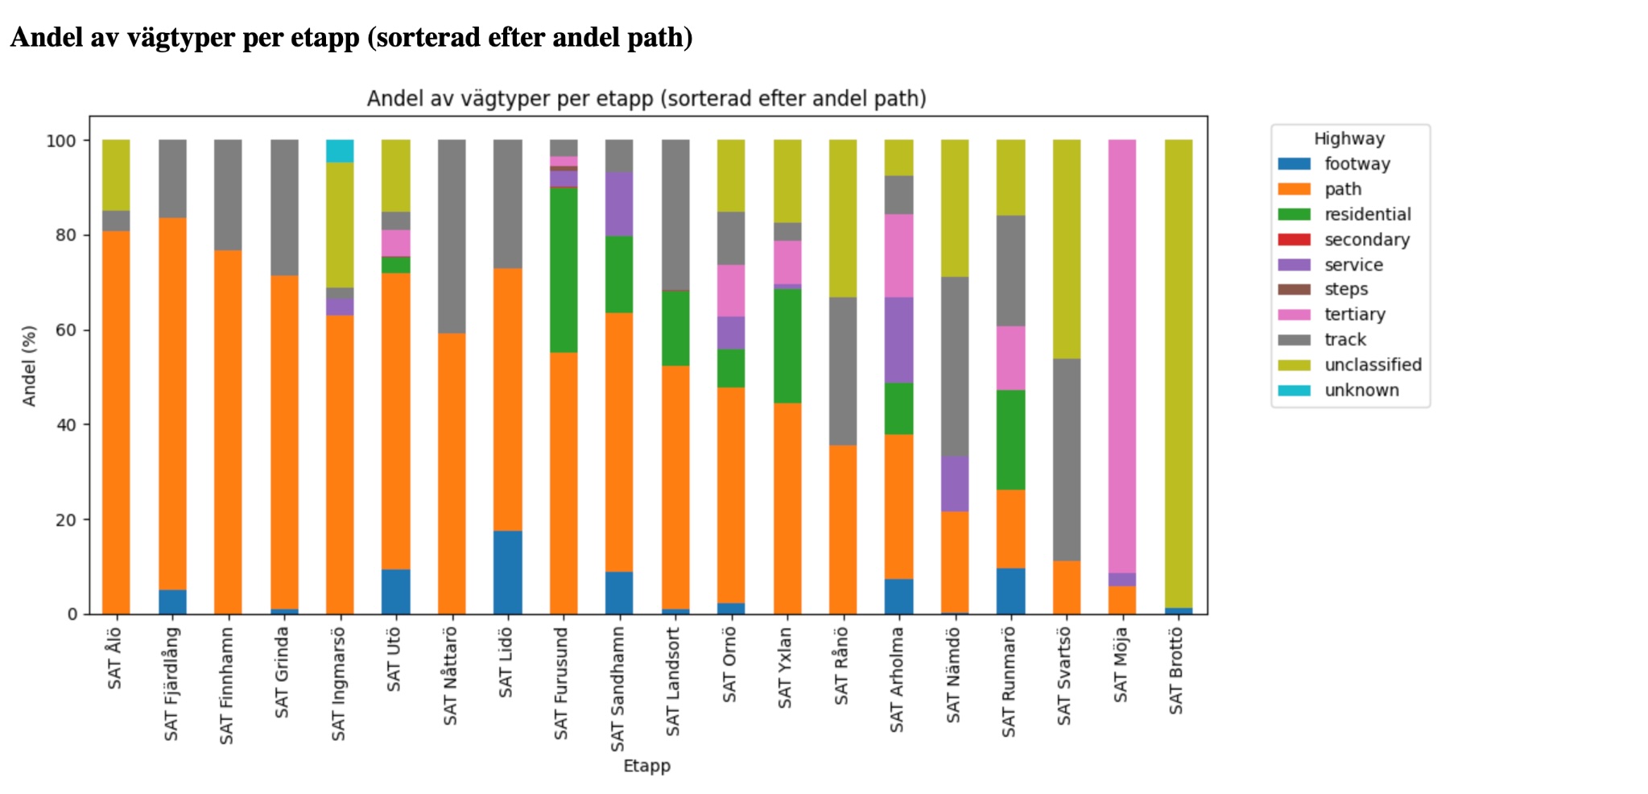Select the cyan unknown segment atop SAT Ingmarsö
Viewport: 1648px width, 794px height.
tap(340, 151)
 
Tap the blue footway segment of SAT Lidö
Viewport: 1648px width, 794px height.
tap(507, 572)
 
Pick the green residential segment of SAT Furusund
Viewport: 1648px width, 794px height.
tap(564, 270)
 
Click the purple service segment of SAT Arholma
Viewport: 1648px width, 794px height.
tap(898, 340)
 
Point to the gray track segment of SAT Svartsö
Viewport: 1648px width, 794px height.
tap(1066, 459)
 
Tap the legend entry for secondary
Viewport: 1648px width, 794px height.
tap(1366, 239)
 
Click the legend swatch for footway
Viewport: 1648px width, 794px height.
tap(1294, 163)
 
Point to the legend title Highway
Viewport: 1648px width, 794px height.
tap(1349, 139)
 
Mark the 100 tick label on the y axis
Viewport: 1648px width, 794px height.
tap(62, 141)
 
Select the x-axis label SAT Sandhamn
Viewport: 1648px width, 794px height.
tap(617, 689)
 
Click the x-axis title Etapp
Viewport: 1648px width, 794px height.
tap(646, 766)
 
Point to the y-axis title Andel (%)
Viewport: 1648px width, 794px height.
tap(30, 366)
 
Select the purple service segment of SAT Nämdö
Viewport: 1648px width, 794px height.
tap(954, 483)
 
